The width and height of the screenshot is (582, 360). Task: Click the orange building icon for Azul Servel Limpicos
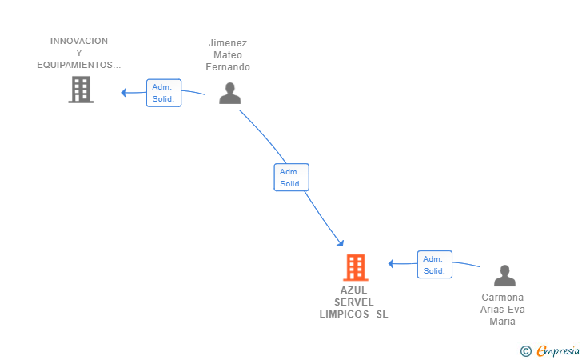pos(356,267)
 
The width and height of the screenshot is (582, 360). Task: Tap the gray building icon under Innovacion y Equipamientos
pos(81,90)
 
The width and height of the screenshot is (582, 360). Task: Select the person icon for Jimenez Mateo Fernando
pos(230,93)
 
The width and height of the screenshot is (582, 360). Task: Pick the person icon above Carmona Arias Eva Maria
pos(504,275)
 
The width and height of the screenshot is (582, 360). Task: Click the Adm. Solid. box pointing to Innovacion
pos(164,93)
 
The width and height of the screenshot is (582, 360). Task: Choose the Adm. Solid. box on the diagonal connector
pos(291,178)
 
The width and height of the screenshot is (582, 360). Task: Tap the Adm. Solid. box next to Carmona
pos(435,265)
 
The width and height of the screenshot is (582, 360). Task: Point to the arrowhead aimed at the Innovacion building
pos(124,93)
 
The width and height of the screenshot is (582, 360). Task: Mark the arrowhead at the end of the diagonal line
pos(341,243)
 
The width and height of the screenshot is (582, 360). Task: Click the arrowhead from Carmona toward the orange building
pos(391,264)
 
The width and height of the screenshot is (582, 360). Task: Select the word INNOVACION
pos(79,41)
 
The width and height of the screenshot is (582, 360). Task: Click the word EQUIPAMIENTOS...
pos(75,65)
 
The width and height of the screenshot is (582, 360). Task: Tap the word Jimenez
pos(228,43)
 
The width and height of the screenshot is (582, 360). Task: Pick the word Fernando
pos(228,67)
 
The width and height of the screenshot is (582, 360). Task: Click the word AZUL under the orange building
pos(353,290)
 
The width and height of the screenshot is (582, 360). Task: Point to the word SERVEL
pos(354,302)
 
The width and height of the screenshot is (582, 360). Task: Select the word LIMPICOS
pos(345,314)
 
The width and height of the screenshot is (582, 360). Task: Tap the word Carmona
pos(503,298)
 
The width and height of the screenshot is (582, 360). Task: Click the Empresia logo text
pos(558,350)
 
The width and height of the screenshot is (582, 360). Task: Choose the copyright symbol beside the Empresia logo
pos(526,351)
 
